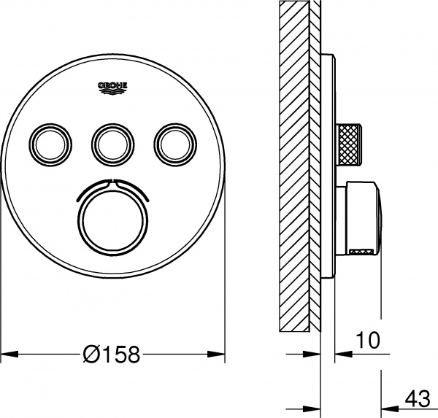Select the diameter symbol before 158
[92, 355]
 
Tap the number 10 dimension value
[368, 339]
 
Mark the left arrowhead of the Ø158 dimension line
[7, 355]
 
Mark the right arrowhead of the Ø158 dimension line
[218, 355]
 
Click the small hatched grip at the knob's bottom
[360, 253]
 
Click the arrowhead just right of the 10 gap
[342, 355]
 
